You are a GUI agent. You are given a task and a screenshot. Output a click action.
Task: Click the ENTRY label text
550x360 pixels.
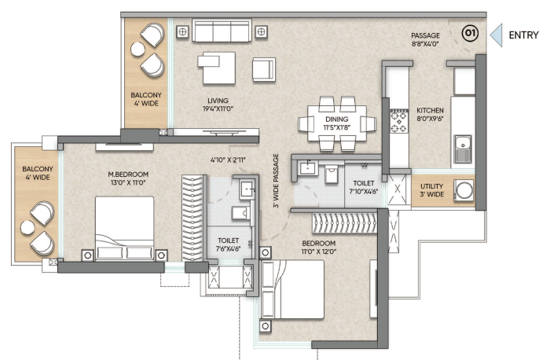(523, 35)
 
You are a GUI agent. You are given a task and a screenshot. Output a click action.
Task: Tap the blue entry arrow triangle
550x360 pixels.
(497, 35)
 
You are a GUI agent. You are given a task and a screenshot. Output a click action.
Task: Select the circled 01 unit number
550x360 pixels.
(470, 33)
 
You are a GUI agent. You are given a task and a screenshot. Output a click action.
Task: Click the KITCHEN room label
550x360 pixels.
(430, 110)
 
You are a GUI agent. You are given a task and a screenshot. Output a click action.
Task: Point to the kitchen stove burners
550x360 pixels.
(399, 121)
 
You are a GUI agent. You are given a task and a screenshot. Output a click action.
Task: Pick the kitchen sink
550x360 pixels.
(463, 149)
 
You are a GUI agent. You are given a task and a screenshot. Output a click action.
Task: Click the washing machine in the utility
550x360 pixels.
(464, 190)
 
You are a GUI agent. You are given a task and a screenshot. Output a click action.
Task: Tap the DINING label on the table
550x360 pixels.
(337, 119)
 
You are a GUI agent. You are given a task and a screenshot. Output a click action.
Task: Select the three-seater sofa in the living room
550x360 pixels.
(222, 31)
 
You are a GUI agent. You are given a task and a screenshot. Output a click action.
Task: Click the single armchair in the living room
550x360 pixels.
(264, 70)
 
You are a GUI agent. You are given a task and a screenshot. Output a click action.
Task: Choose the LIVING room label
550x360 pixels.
(218, 101)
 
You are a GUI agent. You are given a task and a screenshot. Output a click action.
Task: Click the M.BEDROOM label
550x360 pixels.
(128, 174)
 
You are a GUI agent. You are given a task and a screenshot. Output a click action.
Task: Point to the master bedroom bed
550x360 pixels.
(124, 229)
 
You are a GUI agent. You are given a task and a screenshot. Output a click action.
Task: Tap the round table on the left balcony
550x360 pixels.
(27, 227)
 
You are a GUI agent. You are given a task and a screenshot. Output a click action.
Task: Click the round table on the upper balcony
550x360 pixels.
(137, 49)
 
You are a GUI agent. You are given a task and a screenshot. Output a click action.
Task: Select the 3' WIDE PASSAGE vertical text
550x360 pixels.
(276, 181)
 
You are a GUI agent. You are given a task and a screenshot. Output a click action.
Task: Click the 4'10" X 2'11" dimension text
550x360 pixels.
(228, 160)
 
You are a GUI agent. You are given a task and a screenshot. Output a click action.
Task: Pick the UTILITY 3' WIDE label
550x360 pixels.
(432, 190)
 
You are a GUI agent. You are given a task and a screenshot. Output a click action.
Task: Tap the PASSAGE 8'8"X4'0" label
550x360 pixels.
(426, 39)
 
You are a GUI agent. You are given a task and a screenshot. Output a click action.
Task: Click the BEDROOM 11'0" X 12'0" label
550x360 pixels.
(318, 248)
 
